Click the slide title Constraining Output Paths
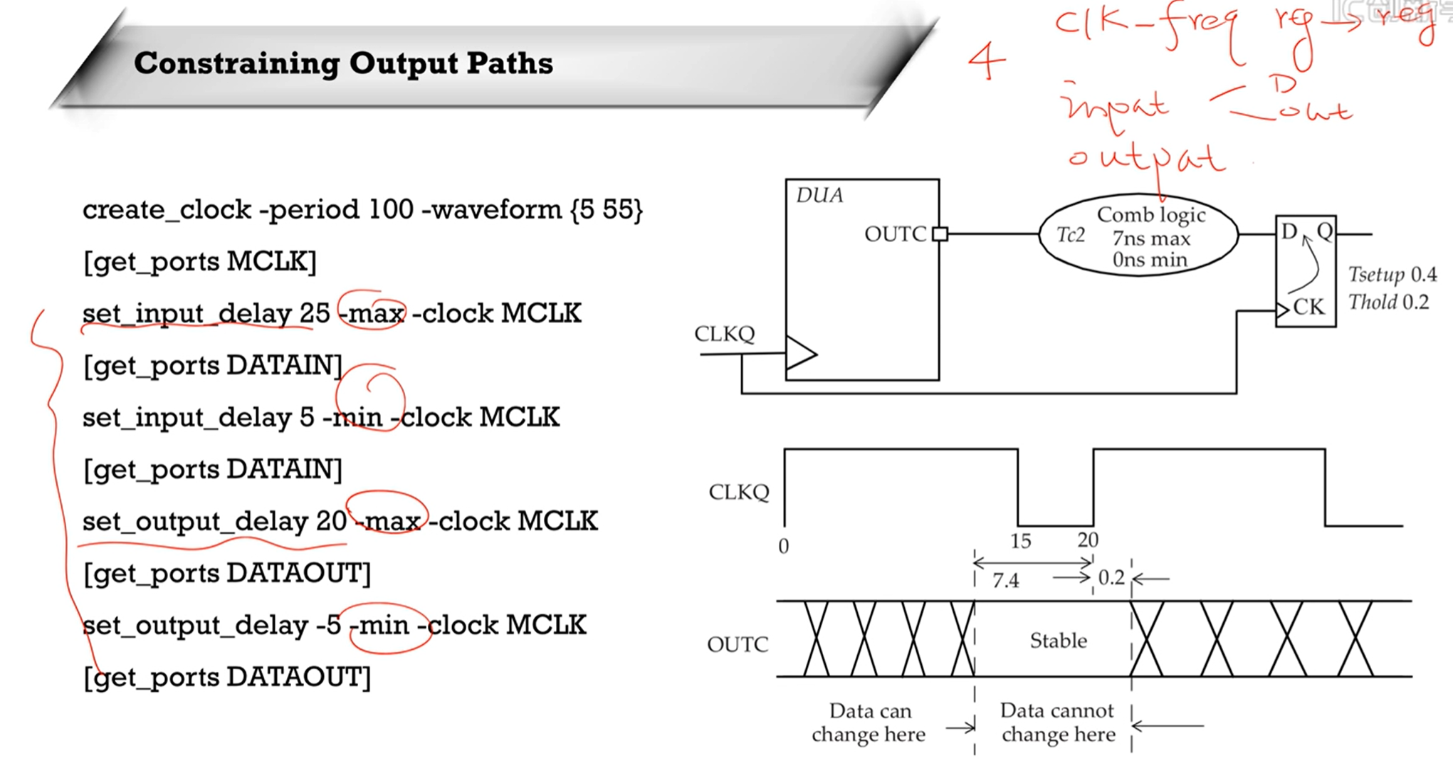343,64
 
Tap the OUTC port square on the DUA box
940,234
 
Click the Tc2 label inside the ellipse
1070,236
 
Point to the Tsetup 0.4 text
1392,275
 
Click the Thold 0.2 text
1388,303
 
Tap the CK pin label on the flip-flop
1308,307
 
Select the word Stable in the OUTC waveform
1058,641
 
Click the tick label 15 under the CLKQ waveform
1020,542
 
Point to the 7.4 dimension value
1005,582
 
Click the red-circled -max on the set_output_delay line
389,522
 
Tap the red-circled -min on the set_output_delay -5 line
384,626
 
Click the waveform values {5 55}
607,210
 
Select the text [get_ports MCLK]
199,262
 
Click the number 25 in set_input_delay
315,314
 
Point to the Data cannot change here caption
1058,722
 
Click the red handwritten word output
1146,159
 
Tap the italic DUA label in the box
819,196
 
